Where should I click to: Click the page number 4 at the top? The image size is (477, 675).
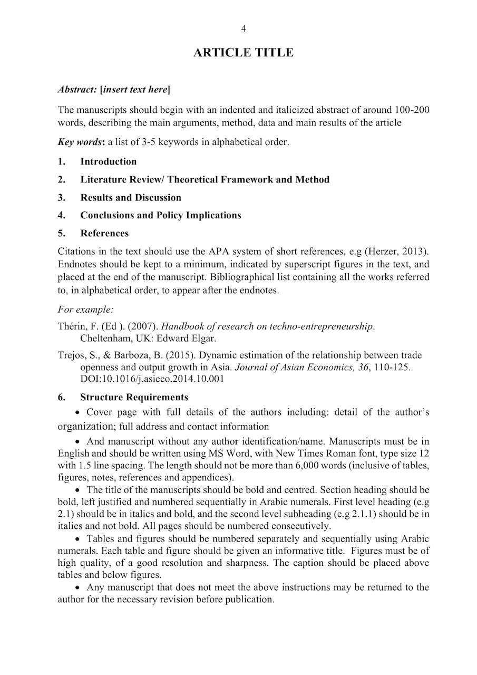tap(243, 28)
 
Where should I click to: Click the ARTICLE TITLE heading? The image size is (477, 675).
tap(243, 53)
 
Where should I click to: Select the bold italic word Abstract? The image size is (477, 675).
tap(76, 90)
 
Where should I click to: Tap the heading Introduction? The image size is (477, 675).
tap(108, 162)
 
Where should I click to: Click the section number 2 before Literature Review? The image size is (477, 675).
tap(62, 180)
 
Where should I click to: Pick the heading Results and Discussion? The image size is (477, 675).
tap(131, 198)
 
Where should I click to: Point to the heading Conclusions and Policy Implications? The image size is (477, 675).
tap(161, 216)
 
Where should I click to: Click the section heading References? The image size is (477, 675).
tap(104, 234)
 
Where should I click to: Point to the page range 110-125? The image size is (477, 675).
tap(391, 368)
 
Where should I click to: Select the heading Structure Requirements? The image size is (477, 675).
tap(134, 397)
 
